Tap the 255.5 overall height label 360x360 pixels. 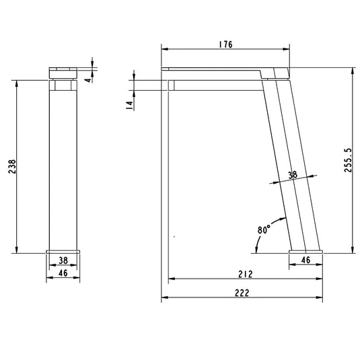(348, 161)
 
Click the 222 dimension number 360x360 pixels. (242, 293)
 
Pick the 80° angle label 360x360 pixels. (263, 229)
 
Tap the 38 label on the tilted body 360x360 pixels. (292, 174)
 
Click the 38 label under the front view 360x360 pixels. (63, 259)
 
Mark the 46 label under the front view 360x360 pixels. (63, 273)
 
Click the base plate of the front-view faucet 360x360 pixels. (63, 250)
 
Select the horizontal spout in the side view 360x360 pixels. (215, 85)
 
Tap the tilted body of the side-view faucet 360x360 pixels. (291, 161)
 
